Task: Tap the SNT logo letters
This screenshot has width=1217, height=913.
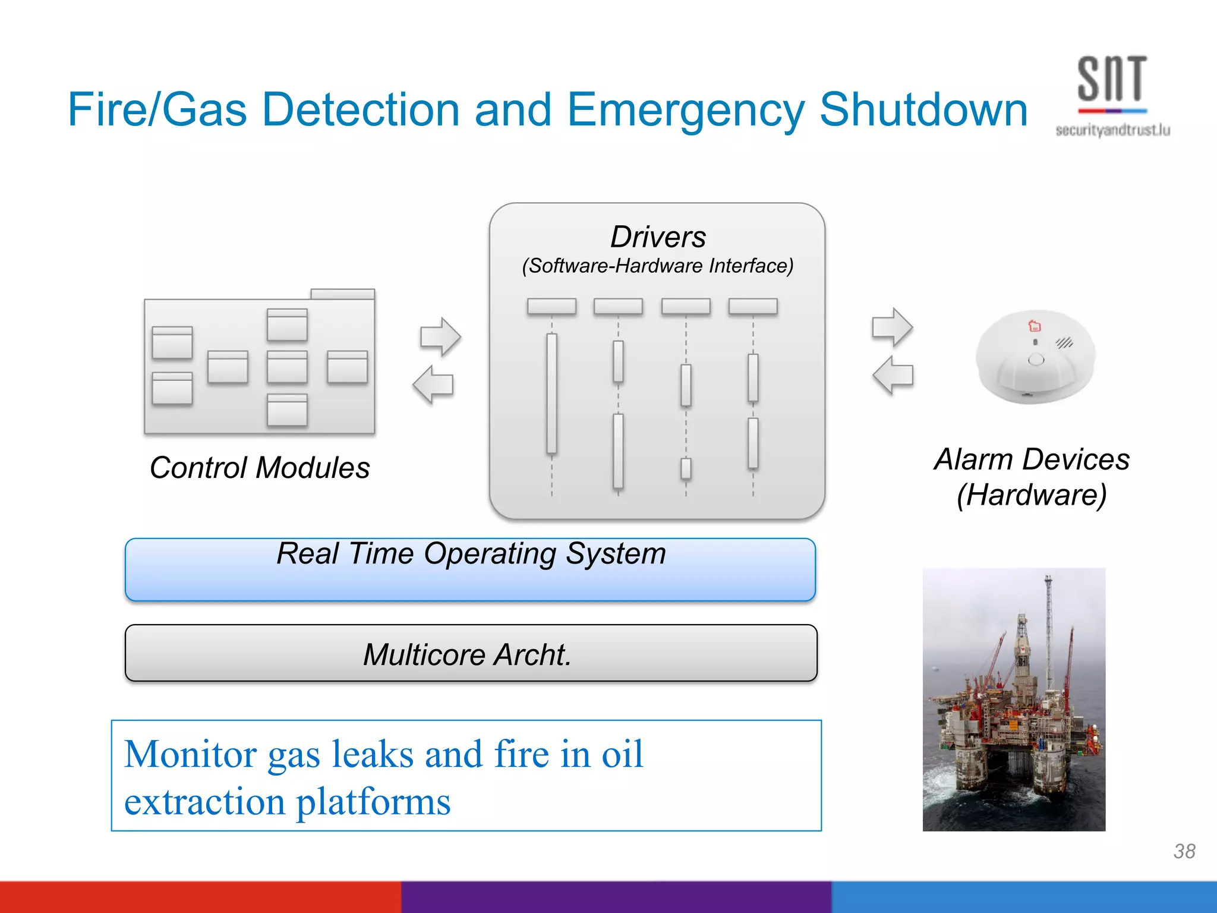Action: [1111, 78]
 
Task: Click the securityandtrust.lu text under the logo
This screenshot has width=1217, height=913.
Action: [1112, 130]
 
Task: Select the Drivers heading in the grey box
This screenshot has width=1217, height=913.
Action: [658, 237]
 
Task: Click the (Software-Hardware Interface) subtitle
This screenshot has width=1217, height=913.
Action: [657, 266]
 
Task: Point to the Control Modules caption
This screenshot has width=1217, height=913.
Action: [260, 467]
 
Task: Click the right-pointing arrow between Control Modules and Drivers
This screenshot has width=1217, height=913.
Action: [440, 336]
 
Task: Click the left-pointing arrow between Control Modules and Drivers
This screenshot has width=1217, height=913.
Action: [433, 385]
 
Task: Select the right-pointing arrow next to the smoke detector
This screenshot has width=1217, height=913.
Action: [892, 327]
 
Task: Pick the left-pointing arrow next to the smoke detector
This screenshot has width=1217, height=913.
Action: [893, 375]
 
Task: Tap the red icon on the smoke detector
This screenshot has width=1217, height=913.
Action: [1035, 326]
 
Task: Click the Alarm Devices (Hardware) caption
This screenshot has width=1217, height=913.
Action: [1032, 477]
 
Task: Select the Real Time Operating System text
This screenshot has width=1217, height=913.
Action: [471, 553]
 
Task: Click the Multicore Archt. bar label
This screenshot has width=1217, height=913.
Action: [467, 654]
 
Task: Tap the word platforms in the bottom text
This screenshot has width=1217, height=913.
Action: [373, 801]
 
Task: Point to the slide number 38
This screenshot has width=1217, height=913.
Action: [1184, 851]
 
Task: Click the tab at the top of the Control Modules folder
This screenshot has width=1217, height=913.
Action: [342, 294]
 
